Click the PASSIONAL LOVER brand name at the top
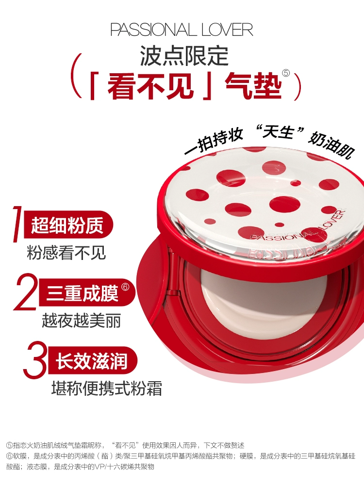pos(182,30)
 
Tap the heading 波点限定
pos(184,56)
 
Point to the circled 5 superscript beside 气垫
pos(286,73)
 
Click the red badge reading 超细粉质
pos(68,225)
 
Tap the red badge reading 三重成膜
pos(87,293)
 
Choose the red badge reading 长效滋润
pos(92,361)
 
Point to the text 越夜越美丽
pos(82,321)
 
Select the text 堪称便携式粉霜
pos(107,388)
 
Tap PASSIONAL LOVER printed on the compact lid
pos(297,229)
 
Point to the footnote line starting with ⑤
pos(125,445)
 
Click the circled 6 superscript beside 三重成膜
pos(125,287)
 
